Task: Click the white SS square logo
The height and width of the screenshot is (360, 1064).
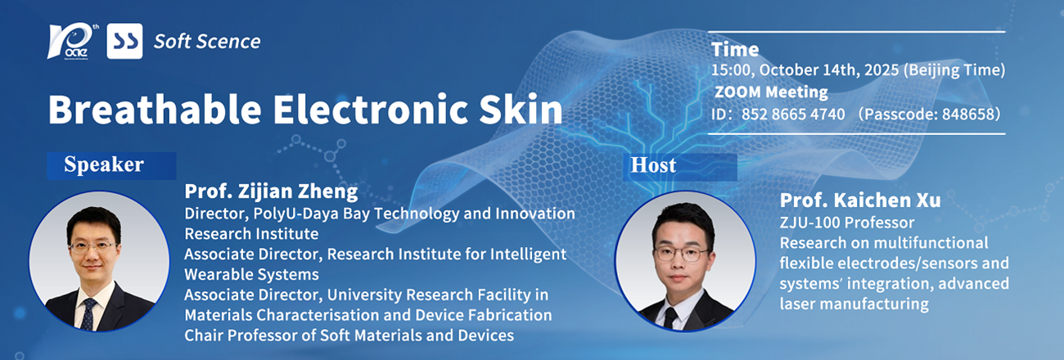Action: (124, 41)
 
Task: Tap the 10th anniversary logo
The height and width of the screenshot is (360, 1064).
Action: (73, 42)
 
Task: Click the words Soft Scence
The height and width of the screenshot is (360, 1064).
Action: (207, 42)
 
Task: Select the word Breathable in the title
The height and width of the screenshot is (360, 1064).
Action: (155, 109)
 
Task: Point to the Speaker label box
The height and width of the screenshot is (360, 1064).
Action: (111, 165)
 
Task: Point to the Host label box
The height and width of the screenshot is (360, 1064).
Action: (679, 167)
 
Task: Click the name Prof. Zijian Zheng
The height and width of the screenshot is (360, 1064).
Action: (271, 191)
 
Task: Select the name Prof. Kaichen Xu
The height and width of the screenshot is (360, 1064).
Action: (859, 200)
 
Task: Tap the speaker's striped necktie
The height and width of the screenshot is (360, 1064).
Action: (88, 314)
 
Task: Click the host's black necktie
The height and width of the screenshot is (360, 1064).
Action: (670, 317)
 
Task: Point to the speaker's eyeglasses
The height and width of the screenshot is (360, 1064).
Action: (92, 247)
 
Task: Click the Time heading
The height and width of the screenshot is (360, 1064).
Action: (735, 49)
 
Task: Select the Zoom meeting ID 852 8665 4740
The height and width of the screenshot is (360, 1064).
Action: (793, 114)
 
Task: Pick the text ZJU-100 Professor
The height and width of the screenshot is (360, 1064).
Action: (847, 223)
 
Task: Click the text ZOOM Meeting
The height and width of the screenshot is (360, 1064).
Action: (771, 92)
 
